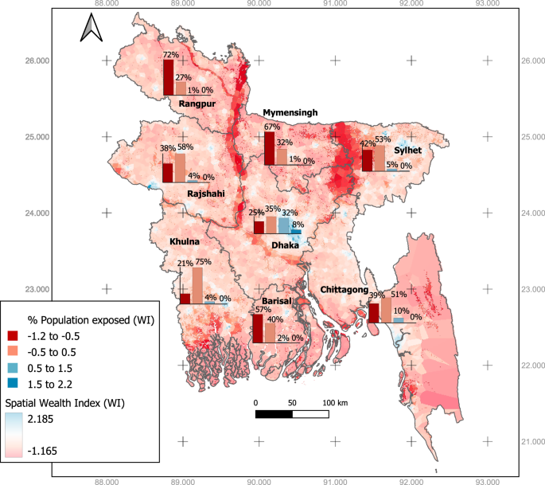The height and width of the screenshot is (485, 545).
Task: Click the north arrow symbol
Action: pos(89,29)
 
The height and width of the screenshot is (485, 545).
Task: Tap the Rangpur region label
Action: pos(197,104)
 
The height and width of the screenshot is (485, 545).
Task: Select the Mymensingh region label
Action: pos(290,113)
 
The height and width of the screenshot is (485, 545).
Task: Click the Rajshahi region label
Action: pos(206,193)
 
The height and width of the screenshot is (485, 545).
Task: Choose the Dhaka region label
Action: pos(285,245)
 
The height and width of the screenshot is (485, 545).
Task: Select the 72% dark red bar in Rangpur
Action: pos(168,77)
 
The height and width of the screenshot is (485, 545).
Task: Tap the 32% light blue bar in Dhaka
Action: pos(283,225)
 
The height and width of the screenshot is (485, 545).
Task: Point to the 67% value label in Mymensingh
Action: pos(271,127)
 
